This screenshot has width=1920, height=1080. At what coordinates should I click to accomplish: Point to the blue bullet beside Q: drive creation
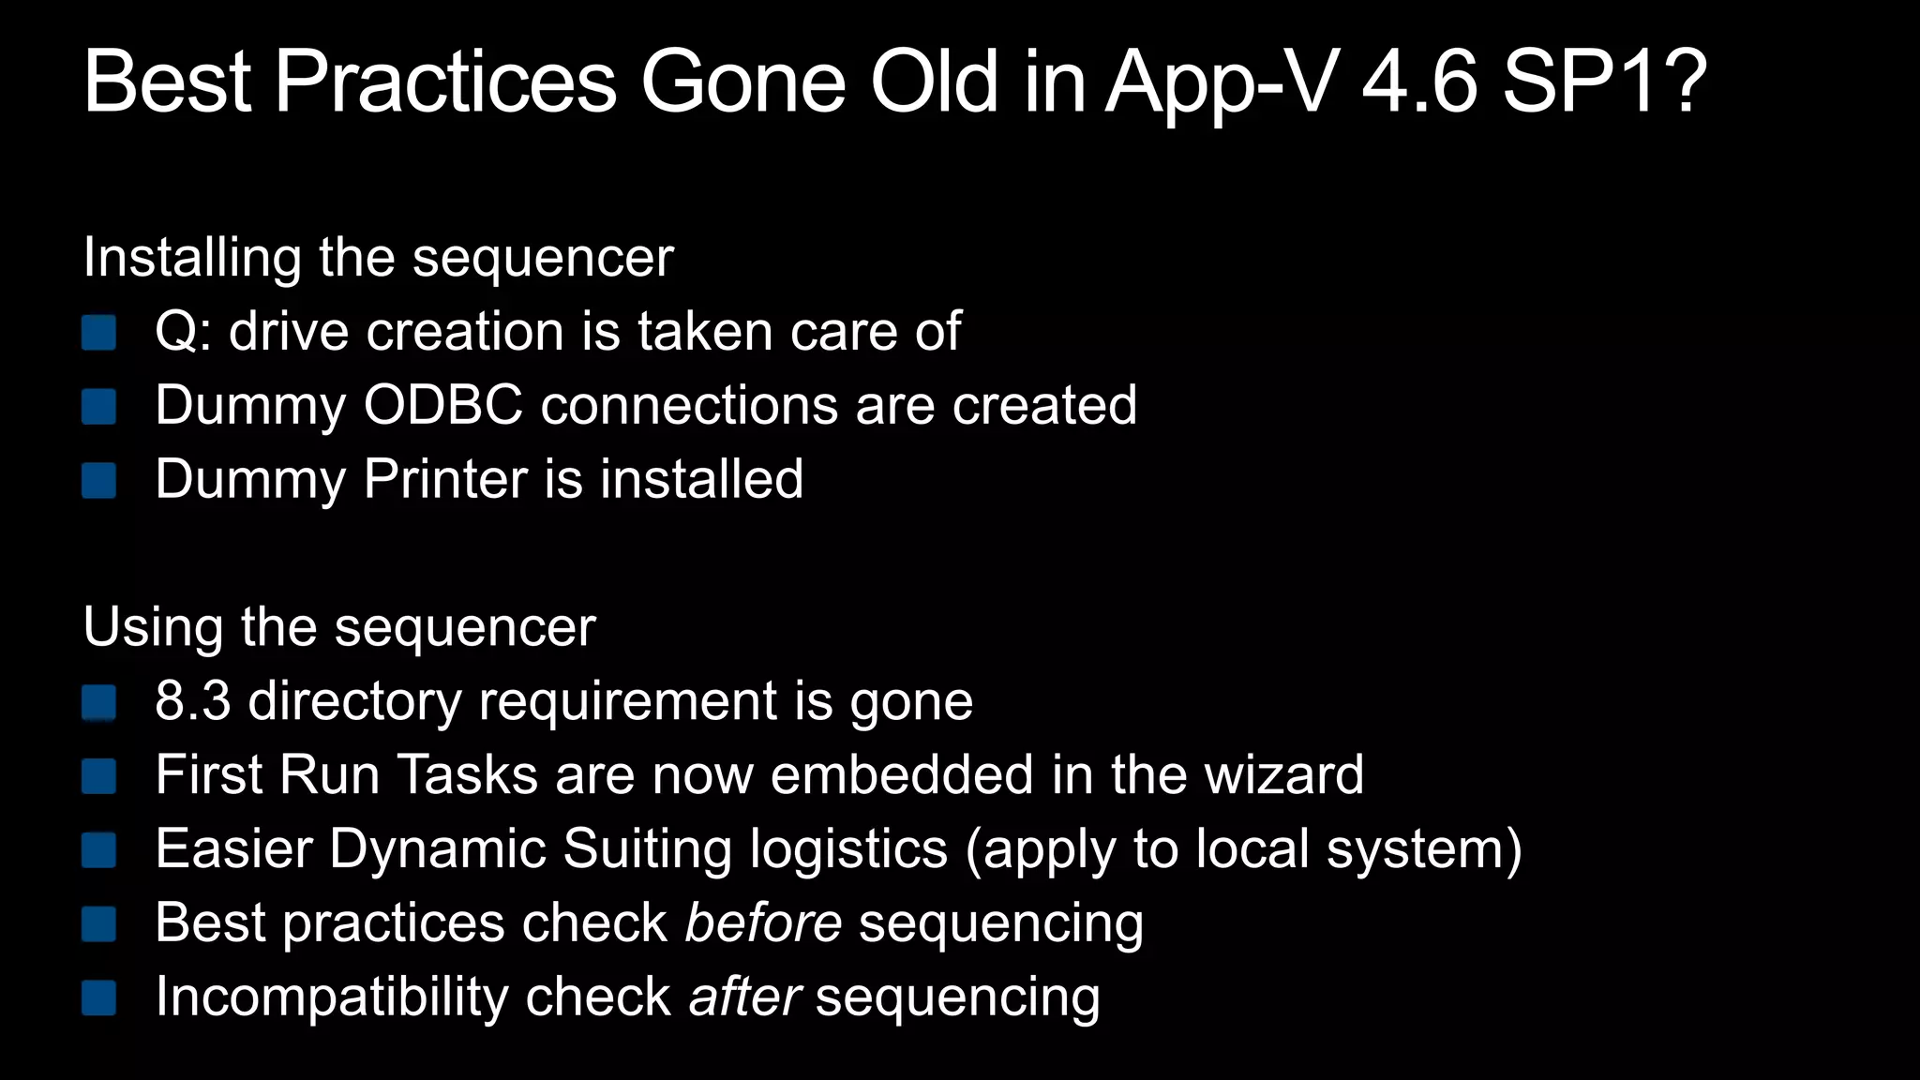(98, 332)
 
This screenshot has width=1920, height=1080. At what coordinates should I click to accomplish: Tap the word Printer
(445, 479)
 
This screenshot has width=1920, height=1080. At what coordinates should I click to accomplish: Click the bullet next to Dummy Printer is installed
(98, 480)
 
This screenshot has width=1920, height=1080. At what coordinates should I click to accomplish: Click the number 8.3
(192, 700)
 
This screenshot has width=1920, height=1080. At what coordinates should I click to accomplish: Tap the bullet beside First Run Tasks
(98, 775)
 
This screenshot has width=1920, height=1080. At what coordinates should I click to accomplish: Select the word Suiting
(646, 848)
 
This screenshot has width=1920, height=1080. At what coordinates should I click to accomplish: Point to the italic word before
(763, 922)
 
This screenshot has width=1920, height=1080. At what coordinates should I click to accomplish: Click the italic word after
(744, 996)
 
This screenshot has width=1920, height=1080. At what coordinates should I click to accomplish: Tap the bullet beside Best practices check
(98, 923)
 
